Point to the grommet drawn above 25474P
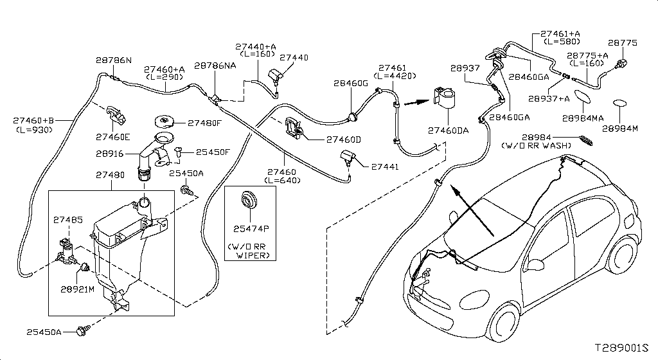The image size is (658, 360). [247, 200]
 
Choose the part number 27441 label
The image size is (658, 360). [385, 166]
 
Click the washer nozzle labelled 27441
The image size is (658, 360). [350, 157]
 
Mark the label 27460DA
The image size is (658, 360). [449, 130]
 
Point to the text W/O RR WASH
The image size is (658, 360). [537, 146]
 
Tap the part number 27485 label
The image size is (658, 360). [68, 220]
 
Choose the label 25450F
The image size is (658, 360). [212, 152]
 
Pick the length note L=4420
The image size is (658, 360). [391, 76]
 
